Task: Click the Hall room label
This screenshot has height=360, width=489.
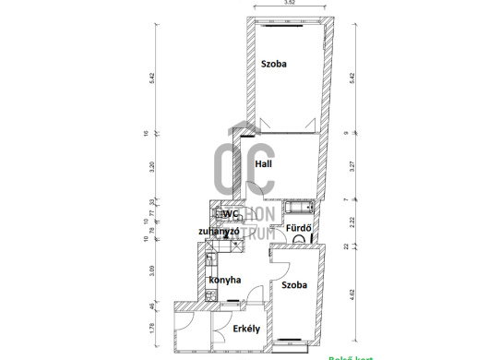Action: pos(264,164)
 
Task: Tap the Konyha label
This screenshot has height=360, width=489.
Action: pos(225,280)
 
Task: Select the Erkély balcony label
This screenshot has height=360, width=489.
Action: pos(244,328)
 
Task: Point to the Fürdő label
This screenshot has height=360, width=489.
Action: pos(295,228)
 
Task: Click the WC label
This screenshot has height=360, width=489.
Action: pos(229,214)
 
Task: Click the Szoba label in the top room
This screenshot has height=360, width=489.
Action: pos(273,65)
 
